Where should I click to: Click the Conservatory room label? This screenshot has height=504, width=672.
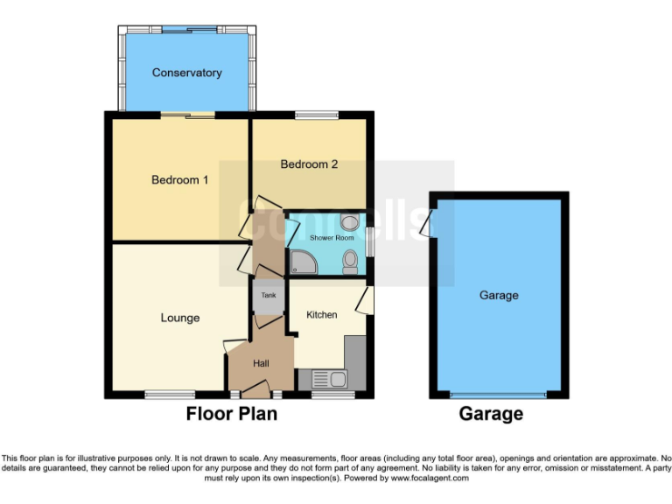186,73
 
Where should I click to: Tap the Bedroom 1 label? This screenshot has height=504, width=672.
179,180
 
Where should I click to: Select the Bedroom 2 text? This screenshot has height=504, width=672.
309,164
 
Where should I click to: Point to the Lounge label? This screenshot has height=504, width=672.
180,318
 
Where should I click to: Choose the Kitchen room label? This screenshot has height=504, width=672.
321,315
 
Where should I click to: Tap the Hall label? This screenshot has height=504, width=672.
261,363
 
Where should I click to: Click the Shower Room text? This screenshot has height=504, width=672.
332,238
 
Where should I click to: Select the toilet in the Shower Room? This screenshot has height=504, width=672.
350,260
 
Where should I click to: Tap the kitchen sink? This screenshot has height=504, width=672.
331,379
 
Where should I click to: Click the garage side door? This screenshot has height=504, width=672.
425,224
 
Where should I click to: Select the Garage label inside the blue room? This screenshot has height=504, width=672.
499,296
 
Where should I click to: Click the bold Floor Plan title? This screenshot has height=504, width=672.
231,414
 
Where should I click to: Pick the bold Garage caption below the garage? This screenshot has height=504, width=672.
491,414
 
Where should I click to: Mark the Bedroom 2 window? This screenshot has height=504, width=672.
316,115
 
